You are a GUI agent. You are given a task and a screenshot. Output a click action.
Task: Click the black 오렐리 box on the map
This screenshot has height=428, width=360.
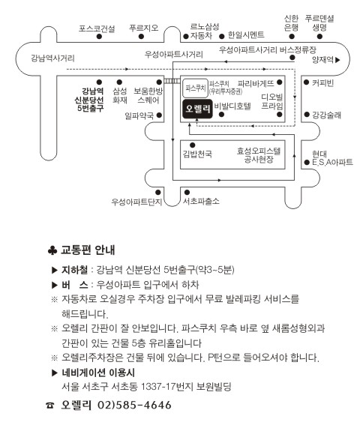click(197, 109)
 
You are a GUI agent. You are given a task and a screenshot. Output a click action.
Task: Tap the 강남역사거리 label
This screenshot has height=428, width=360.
click(52, 58)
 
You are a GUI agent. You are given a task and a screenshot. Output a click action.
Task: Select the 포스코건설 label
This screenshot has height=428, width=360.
click(97, 28)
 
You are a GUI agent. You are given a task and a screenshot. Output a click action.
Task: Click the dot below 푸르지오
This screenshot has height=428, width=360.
click(141, 36)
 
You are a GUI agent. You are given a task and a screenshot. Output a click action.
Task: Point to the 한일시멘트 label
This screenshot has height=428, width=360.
click(246, 34)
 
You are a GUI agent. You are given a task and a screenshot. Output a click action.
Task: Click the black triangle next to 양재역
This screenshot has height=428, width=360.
click(337, 60)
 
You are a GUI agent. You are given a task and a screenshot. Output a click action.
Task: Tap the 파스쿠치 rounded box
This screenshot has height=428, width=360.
click(195, 88)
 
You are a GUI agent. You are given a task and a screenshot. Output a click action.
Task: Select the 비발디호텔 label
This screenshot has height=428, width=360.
click(232, 106)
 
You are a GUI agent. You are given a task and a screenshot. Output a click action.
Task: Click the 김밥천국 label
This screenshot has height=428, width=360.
click(197, 154)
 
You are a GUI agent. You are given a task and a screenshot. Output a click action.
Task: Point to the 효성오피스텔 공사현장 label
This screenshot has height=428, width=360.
click(259, 155)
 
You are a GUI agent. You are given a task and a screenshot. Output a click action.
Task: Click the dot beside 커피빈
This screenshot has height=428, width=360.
click(306, 82)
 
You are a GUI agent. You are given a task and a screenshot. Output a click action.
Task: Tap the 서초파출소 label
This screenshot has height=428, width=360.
click(201, 202)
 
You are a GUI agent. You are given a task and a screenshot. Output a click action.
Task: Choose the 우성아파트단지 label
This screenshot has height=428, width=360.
click(136, 202)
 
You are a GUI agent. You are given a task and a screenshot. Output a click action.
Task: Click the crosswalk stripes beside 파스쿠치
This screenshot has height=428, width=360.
click(172, 81)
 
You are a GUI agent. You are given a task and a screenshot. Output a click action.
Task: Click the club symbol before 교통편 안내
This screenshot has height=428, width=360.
click(52, 250)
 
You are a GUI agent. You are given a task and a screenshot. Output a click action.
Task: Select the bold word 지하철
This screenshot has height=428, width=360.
click(74, 270)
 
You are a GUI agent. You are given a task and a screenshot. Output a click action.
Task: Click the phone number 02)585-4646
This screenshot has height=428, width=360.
click(134, 405)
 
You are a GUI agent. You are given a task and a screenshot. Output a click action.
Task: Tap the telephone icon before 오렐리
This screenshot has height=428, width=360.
click(50, 406)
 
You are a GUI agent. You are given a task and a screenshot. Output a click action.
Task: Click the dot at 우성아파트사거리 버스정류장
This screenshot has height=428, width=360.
click(292, 57)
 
